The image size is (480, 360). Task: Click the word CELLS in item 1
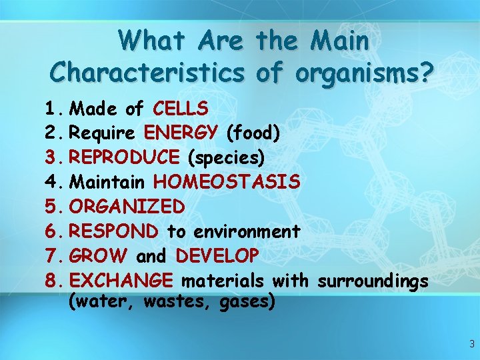(x=180, y=108)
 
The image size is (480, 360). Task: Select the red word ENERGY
(x=181, y=133)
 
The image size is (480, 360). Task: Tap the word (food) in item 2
(x=253, y=133)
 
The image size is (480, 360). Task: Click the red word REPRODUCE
(x=124, y=157)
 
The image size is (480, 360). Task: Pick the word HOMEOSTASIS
(x=227, y=182)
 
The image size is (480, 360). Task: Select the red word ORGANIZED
(x=127, y=207)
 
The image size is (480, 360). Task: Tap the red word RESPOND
(x=114, y=231)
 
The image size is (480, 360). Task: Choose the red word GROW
(x=99, y=256)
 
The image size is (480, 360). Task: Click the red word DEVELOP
(x=217, y=256)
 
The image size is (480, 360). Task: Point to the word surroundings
(x=373, y=281)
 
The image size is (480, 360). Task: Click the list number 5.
(x=53, y=207)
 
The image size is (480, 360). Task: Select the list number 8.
(x=53, y=281)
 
